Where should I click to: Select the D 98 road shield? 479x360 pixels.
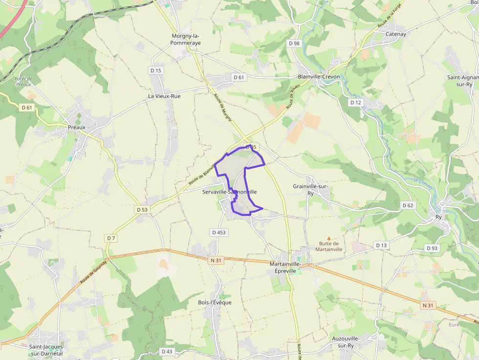click(294, 43)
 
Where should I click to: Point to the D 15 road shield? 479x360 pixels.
click(156, 70)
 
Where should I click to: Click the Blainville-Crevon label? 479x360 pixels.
click(319, 77)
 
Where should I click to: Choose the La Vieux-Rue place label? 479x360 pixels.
click(164, 96)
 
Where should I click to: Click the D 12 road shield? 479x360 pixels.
click(355, 103)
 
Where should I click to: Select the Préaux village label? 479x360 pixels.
click(77, 127)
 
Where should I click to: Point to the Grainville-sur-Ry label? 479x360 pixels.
click(310, 190)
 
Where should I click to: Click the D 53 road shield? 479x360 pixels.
click(142, 210)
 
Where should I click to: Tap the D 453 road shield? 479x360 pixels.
click(218, 233)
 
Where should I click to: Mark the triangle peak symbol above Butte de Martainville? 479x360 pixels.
click(328, 237)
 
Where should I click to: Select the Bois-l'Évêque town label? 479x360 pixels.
click(215, 302)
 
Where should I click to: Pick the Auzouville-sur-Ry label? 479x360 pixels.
click(346, 342)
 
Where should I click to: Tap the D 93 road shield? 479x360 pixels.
click(432, 248)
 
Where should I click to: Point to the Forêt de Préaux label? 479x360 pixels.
click(23, 82)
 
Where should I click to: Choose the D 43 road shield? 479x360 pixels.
click(167, 352)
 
